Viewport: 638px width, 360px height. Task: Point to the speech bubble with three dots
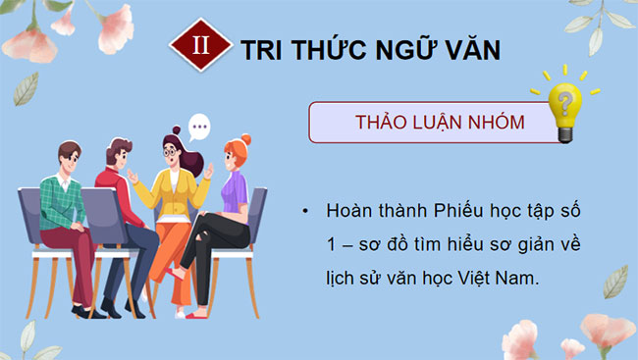point(200,127)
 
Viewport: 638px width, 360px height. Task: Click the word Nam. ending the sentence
point(519,279)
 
